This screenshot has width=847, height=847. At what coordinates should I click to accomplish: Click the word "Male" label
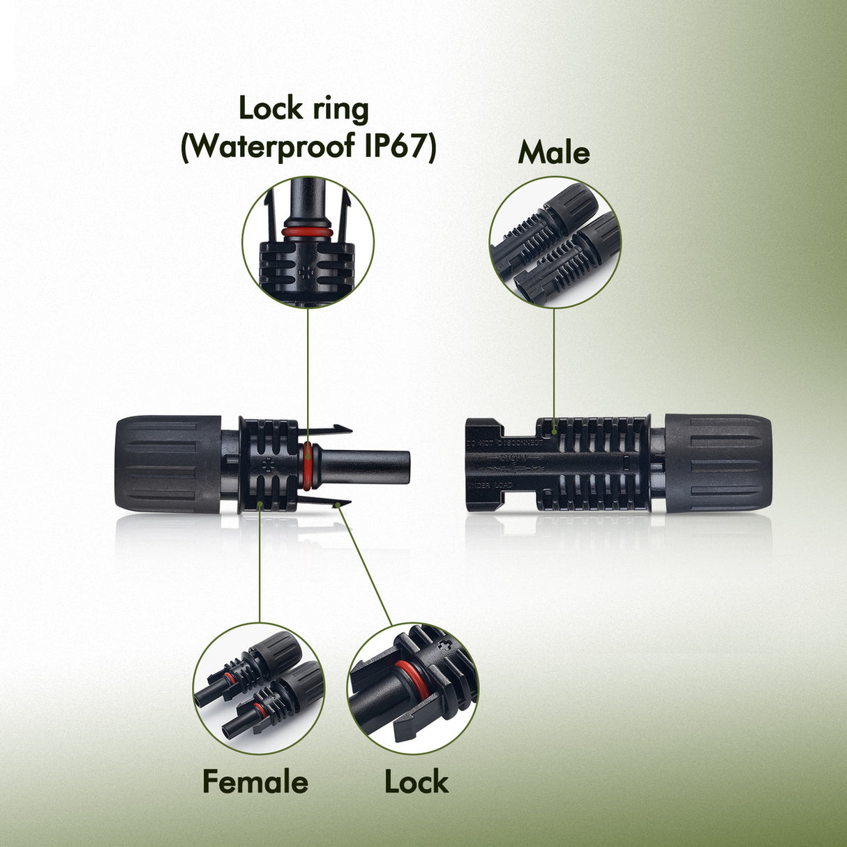pyautogui.click(x=554, y=152)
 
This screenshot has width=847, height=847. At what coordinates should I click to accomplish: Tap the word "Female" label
pyautogui.click(x=255, y=781)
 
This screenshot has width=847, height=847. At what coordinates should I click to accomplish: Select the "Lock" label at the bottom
pyautogui.click(x=416, y=781)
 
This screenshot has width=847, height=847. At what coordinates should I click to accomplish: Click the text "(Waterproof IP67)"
pyautogui.click(x=308, y=147)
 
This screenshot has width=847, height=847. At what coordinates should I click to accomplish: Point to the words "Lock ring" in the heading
pyautogui.click(x=303, y=109)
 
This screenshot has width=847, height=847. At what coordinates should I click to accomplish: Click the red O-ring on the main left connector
pyautogui.click(x=308, y=464)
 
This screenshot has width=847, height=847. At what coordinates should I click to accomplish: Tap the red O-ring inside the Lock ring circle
pyautogui.click(x=307, y=231)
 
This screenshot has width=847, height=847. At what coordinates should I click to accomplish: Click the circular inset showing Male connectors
pyautogui.click(x=555, y=242)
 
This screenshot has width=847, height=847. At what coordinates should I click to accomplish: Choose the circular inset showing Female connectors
pyautogui.click(x=259, y=688)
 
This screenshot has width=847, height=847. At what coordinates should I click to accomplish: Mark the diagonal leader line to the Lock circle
pyautogui.click(x=366, y=565)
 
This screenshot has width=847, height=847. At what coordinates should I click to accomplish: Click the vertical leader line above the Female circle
pyautogui.click(x=259, y=565)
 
